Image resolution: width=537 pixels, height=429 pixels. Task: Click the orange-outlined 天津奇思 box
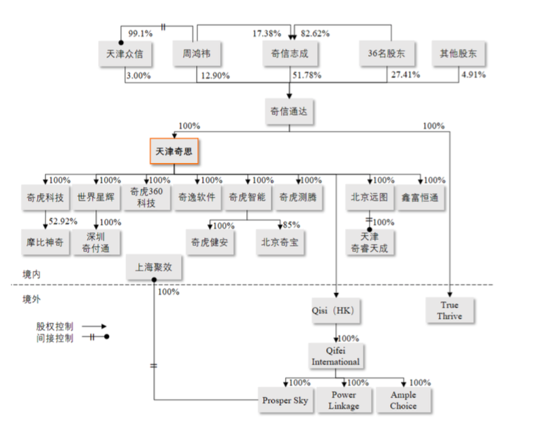174,151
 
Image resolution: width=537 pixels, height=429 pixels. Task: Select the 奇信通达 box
289,111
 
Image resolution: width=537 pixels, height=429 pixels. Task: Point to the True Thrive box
451,311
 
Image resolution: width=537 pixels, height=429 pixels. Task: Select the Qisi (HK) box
336,311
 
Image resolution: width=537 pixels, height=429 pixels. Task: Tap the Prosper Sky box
286,400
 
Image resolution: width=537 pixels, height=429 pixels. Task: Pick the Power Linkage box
344,400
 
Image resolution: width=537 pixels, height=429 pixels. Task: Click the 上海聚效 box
154,267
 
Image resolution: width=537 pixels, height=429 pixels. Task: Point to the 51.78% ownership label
307,75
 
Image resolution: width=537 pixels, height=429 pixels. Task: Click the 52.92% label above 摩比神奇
63,222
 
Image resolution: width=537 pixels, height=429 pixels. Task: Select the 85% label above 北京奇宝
292,225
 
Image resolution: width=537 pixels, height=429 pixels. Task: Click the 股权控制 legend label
54,326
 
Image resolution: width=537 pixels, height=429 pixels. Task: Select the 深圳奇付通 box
96,242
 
